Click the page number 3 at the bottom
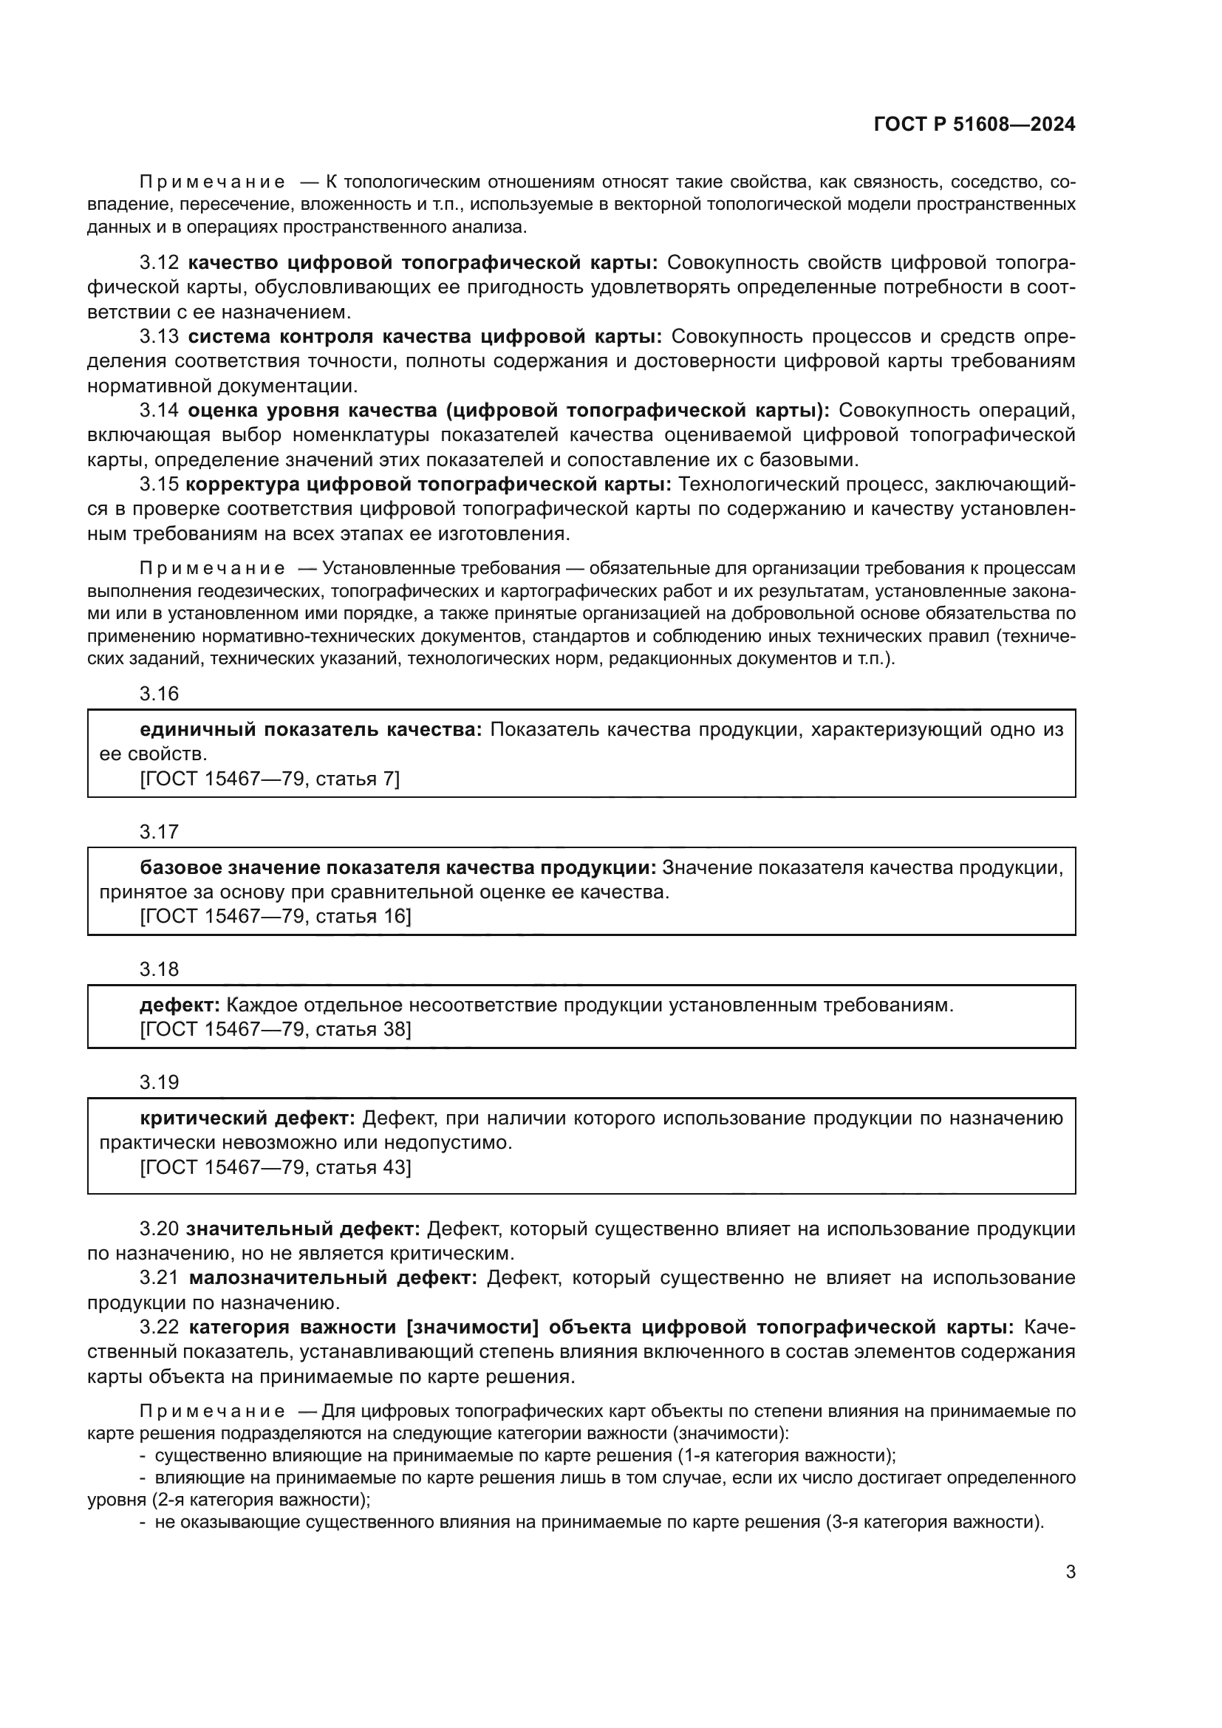point(1070,1572)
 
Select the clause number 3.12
point(159,263)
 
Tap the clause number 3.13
point(159,336)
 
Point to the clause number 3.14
point(159,410)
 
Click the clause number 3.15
point(159,484)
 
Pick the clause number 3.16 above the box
point(159,694)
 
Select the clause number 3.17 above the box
point(159,832)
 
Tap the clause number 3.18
point(159,969)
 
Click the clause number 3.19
point(159,1082)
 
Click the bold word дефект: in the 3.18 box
point(179,1005)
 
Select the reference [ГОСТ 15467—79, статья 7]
point(270,779)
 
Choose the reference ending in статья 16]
point(276,917)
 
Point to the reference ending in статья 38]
point(276,1030)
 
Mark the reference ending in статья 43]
point(276,1167)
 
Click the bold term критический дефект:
point(247,1119)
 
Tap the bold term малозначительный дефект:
point(332,1278)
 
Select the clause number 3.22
point(159,1327)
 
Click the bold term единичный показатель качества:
point(311,729)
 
